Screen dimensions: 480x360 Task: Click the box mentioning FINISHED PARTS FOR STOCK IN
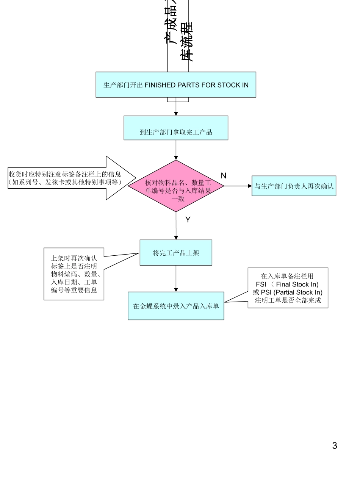coord(175,85)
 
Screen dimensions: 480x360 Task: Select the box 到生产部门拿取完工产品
coord(176,133)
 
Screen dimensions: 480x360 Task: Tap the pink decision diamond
coord(176,186)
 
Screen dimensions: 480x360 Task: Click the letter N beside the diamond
coord(224,175)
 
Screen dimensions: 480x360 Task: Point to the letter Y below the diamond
coord(187,219)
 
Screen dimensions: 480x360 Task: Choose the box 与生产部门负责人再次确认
coord(294,186)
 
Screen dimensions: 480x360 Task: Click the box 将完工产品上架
coord(176,253)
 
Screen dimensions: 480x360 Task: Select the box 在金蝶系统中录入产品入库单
coord(176,306)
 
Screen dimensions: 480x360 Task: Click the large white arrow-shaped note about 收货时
coord(72,178)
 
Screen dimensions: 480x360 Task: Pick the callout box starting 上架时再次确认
coord(74,274)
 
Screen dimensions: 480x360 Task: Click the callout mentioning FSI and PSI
coord(288,288)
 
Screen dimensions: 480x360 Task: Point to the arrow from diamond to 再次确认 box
coord(238,186)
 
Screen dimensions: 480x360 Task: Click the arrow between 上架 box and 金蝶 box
coord(176,278)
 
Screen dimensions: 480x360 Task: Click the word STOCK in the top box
coord(229,85)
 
